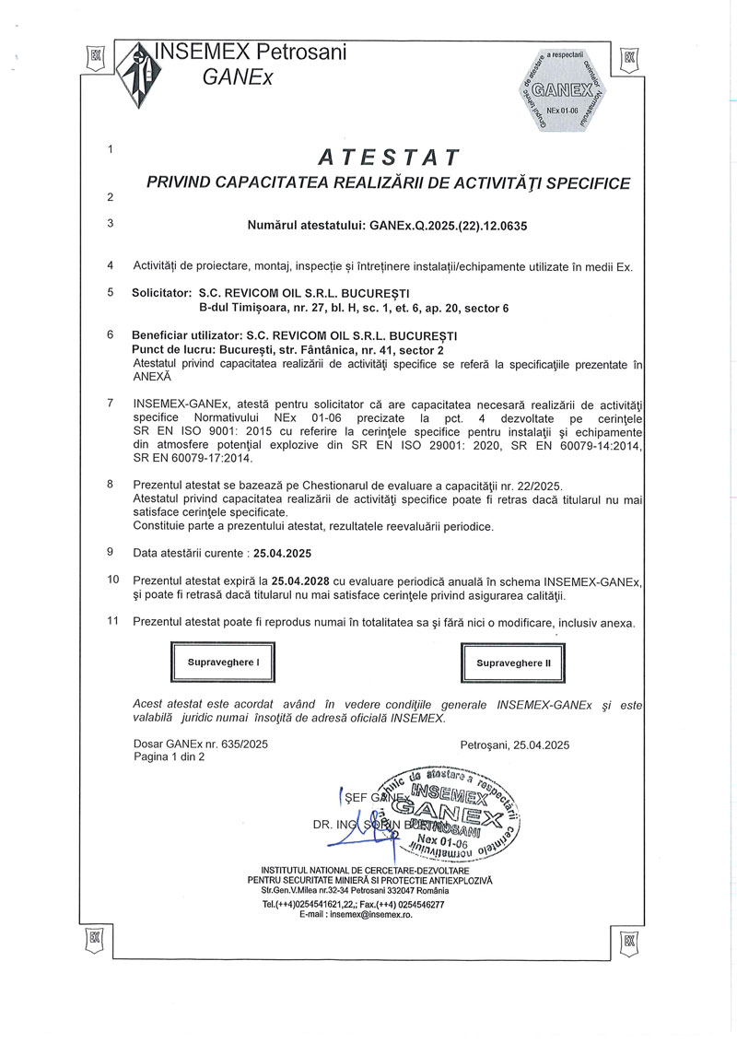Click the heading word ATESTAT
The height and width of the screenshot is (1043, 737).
coord(388,153)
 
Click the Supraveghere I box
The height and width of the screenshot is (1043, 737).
coord(224,662)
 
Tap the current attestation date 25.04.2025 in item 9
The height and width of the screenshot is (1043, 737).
coord(282,553)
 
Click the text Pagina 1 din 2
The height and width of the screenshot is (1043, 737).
coord(170,756)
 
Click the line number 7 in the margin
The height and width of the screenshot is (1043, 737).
coord(111,403)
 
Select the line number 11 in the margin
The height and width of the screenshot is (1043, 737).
coord(113,622)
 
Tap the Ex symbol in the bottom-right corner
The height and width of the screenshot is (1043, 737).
coord(629,941)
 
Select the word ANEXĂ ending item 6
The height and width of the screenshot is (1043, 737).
coord(152,376)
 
